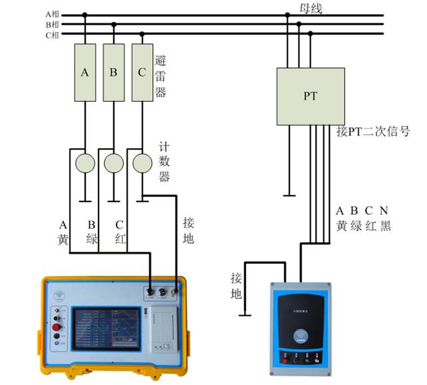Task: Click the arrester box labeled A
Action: click(x=85, y=72)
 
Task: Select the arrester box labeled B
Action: click(x=114, y=72)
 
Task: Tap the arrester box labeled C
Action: click(x=142, y=72)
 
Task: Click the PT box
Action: click(x=311, y=96)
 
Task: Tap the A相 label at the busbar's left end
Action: click(x=53, y=14)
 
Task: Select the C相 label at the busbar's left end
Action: click(x=53, y=35)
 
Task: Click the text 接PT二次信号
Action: click(x=373, y=132)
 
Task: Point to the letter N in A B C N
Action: click(x=384, y=211)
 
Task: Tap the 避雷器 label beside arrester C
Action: click(x=160, y=76)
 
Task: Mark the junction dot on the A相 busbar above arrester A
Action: click(x=85, y=14)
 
